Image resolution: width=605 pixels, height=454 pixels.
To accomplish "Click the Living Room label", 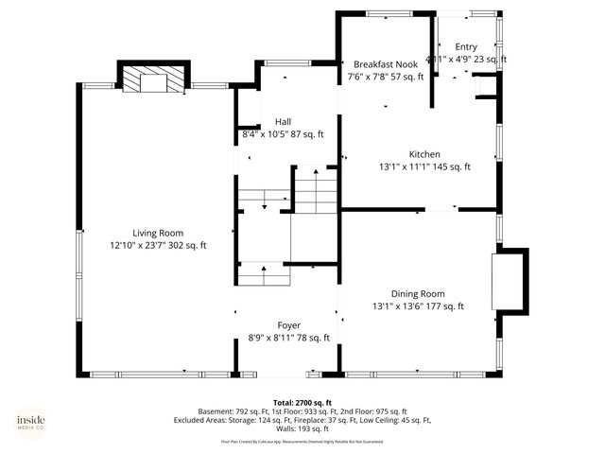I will pyautogui.click(x=157, y=233).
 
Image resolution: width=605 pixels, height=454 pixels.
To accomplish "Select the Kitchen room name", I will pyautogui.click(x=424, y=154).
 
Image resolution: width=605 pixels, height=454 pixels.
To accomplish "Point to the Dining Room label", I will pyautogui.click(x=418, y=293).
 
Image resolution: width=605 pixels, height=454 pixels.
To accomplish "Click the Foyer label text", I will pyautogui.click(x=288, y=325).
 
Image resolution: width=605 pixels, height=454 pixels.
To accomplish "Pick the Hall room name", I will pyautogui.click(x=283, y=121).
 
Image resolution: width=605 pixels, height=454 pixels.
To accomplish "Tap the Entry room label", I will pyautogui.click(x=466, y=46).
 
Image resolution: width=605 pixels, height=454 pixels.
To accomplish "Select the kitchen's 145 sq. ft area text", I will pyautogui.click(x=450, y=166).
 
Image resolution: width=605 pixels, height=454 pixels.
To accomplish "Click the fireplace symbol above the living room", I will pyautogui.click(x=149, y=79).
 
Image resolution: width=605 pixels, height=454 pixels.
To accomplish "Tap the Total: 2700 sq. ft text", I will pyautogui.click(x=302, y=402).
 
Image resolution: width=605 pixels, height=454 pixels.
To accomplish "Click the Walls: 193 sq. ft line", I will pyautogui.click(x=302, y=428).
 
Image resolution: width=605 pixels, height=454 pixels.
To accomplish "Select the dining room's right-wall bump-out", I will pyautogui.click(x=509, y=281).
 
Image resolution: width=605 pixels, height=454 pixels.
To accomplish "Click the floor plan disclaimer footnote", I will pyautogui.click(x=302, y=441).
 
